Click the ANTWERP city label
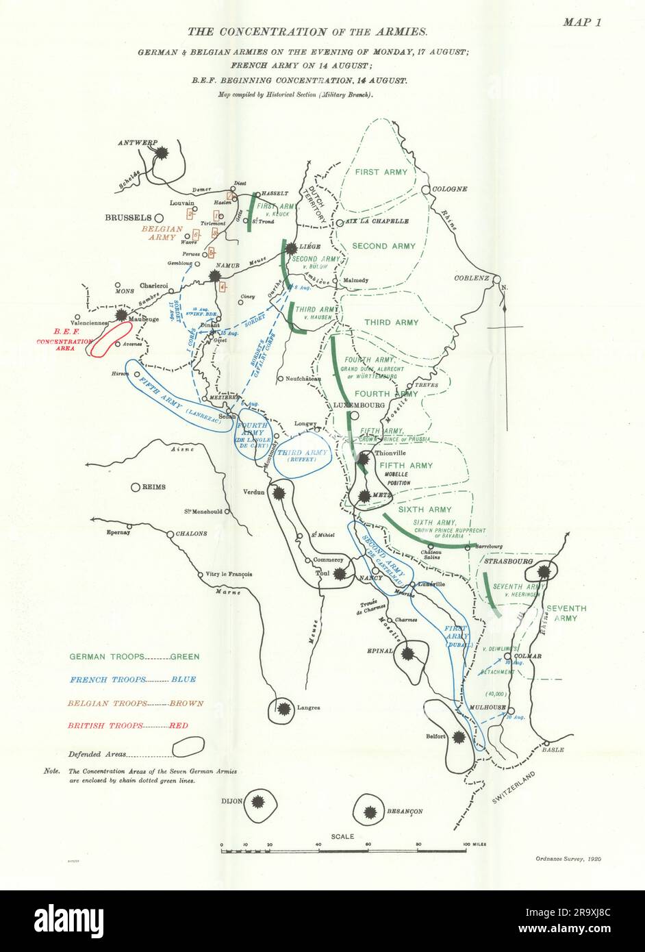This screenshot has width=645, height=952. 137,143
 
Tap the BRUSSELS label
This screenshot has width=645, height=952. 128,218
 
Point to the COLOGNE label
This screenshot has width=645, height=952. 449,189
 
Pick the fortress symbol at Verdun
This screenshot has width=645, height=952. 278,492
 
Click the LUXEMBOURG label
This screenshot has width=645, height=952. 359,405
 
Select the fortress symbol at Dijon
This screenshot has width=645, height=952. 258,802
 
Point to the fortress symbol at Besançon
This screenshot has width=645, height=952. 370,812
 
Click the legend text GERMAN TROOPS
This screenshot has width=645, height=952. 107,656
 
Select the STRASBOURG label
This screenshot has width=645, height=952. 507,561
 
